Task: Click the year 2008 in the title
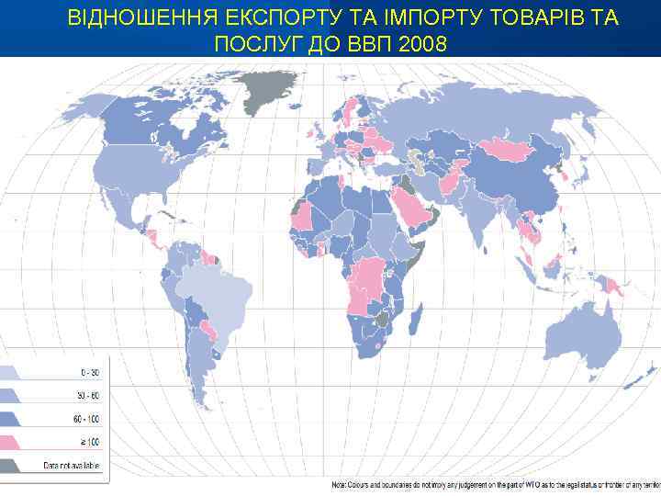[425, 43]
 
